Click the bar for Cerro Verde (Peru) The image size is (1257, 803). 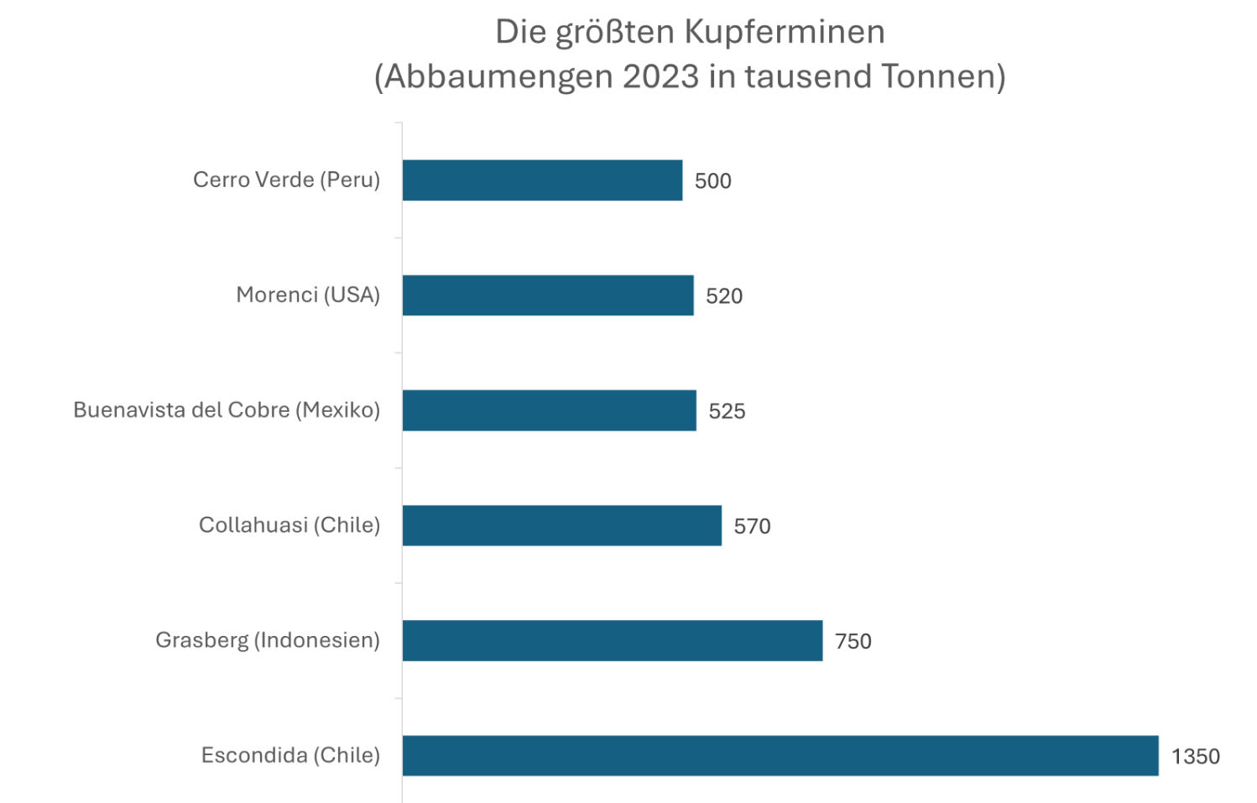coord(542,180)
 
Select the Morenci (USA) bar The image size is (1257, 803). coord(548,295)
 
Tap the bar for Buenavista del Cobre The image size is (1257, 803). coord(549,410)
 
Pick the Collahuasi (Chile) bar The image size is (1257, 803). coord(561,525)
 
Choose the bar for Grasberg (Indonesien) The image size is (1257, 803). coord(612,640)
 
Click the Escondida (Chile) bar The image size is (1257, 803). coord(780,755)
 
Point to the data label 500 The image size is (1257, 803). coord(712,181)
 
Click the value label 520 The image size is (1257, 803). coord(723,296)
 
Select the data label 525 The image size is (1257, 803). coord(727,411)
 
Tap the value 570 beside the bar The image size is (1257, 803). coord(752,526)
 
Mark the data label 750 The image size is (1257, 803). coord(853,641)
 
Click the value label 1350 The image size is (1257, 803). coord(1195,757)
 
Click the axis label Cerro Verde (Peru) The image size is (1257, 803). coord(286,180)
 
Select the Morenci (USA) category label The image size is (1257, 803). coord(308,295)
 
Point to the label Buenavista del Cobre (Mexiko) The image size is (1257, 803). coord(227,409)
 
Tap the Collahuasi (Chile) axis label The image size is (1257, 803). coord(289,524)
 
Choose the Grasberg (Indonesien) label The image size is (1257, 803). coord(268,640)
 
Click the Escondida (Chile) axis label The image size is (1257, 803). coord(290,755)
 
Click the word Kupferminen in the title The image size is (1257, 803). coord(785,32)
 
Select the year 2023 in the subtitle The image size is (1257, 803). coord(660,76)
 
